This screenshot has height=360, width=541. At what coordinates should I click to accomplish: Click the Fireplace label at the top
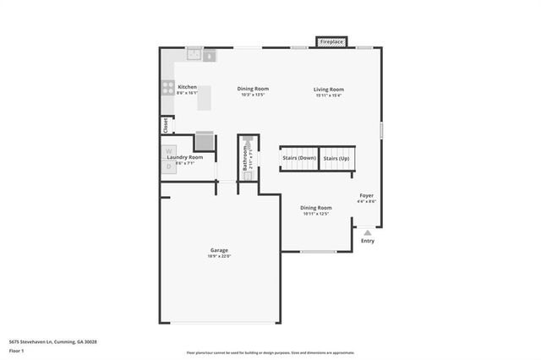click(x=331, y=41)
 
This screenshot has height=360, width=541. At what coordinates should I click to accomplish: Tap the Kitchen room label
click(x=187, y=87)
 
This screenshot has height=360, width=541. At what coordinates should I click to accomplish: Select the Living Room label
click(x=329, y=90)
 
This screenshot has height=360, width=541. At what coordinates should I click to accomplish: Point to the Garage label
click(x=219, y=249)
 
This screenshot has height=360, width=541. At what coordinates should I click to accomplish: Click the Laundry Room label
click(x=185, y=157)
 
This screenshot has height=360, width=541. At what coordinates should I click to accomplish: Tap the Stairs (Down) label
click(x=299, y=158)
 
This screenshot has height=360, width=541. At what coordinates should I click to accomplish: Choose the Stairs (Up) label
click(x=336, y=158)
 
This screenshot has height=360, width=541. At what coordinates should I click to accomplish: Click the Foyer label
click(x=366, y=195)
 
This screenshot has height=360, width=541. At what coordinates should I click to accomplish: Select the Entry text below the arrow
click(x=368, y=242)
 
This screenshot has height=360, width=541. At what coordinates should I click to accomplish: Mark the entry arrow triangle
click(x=367, y=232)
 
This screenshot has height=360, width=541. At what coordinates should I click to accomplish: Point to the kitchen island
click(x=204, y=98)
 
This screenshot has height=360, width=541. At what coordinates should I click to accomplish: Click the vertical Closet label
click(x=166, y=124)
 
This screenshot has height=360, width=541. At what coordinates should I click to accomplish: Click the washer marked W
click(x=168, y=151)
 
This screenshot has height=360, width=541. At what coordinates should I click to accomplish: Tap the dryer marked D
click(x=168, y=166)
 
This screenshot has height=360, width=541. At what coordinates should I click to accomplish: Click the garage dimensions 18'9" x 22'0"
click(x=219, y=256)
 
